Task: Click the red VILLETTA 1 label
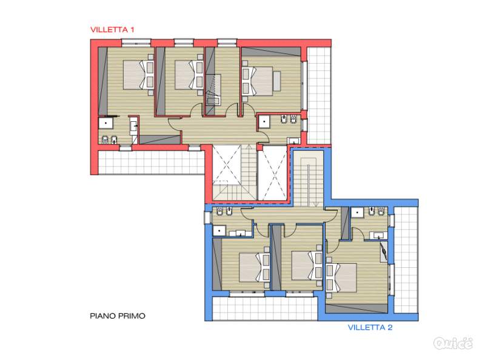(x=112, y=30)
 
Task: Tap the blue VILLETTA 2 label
(x=370, y=327)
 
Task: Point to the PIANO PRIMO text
(x=118, y=316)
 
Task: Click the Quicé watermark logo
(x=453, y=343)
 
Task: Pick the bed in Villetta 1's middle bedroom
(x=189, y=75)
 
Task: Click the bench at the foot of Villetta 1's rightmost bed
(x=276, y=81)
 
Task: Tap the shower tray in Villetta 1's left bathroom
(x=106, y=123)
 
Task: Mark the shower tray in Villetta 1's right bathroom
(x=264, y=122)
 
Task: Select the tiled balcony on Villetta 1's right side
(x=319, y=96)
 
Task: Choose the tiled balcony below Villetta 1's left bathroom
(x=152, y=162)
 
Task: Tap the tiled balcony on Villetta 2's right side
(x=406, y=260)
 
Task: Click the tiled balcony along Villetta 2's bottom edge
(x=265, y=308)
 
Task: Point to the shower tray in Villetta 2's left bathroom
(x=219, y=230)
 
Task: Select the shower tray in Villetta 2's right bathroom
(x=357, y=212)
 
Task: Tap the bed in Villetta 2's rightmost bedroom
(x=341, y=278)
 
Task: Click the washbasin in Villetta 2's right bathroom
(x=376, y=236)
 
